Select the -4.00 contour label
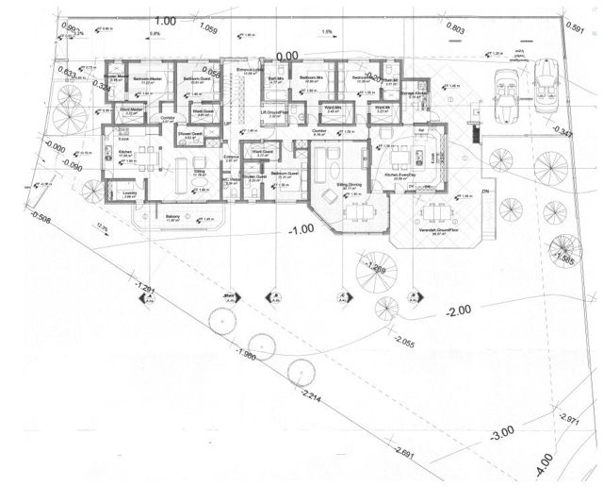point(545,467)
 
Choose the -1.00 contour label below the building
point(301,230)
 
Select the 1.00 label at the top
point(166,20)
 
